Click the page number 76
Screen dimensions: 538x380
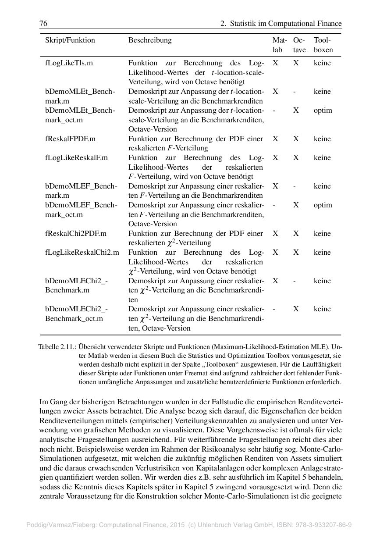click(x=43, y=23)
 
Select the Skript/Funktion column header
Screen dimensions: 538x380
click(x=70, y=40)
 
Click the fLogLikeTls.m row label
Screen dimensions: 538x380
click(x=69, y=63)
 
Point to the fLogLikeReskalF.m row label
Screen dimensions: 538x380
click(x=76, y=158)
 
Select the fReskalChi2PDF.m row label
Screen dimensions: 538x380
click(x=75, y=234)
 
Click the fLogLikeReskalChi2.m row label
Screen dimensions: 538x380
click(x=82, y=253)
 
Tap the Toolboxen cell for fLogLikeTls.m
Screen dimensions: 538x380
click(x=322, y=63)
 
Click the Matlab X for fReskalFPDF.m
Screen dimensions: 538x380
click(x=275, y=139)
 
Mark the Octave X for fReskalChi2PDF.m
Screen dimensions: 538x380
click(x=296, y=234)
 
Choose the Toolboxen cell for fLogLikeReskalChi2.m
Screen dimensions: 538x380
click(x=322, y=253)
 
